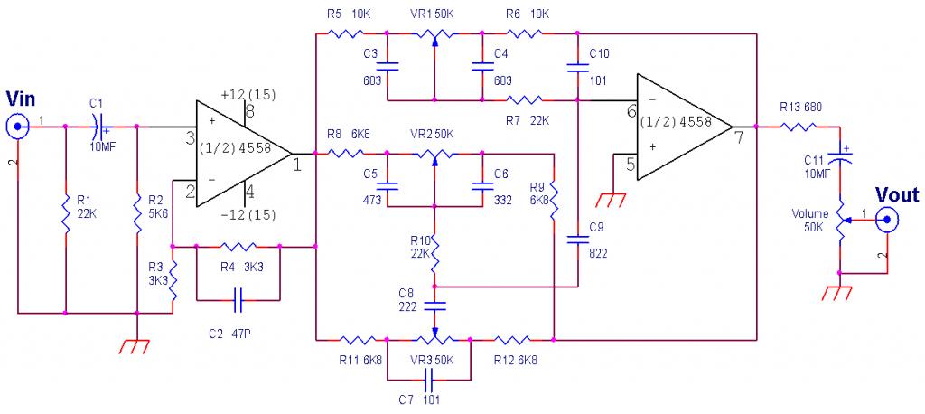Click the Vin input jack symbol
(x=18, y=126)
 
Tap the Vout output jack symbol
(x=887, y=221)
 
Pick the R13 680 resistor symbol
(x=799, y=126)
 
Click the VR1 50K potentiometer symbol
(x=434, y=35)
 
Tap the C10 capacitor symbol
(x=578, y=67)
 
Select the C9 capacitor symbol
(x=578, y=240)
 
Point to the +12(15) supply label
(x=248, y=95)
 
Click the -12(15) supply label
(x=248, y=215)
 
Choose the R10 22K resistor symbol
(x=434, y=254)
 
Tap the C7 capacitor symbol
(x=429, y=377)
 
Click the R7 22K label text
(x=528, y=120)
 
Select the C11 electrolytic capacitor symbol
(x=839, y=157)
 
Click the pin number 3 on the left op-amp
(x=190, y=140)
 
